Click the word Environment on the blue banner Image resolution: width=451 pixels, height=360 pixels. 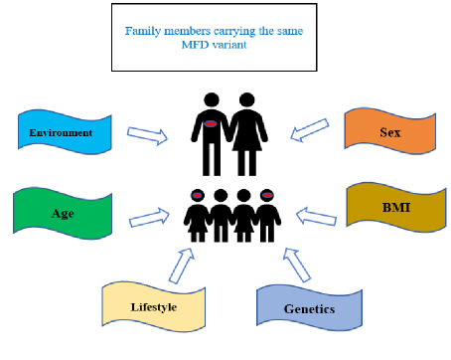(61, 133)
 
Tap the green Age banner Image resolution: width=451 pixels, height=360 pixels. (62, 212)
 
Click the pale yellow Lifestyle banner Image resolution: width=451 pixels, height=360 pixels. (153, 306)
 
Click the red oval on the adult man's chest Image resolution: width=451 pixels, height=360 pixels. (211, 123)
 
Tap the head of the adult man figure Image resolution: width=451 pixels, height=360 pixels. (211, 101)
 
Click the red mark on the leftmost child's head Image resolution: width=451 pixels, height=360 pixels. (196, 195)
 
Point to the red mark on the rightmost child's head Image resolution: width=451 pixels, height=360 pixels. (266, 195)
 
